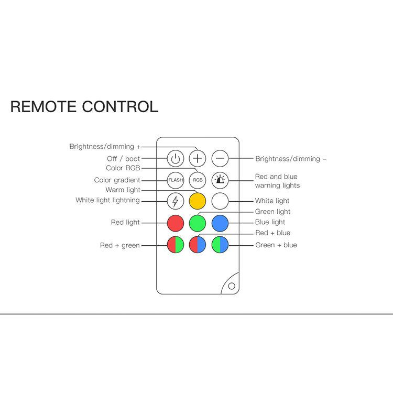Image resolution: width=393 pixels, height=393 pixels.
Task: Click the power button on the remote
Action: (176, 158)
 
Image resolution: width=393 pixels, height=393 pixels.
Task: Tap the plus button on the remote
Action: (198, 158)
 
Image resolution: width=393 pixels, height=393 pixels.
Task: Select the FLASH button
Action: (176, 180)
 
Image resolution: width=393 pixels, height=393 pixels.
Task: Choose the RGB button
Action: (198, 180)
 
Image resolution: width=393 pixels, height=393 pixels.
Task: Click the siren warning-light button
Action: (220, 180)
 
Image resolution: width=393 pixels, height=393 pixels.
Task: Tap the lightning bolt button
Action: (176, 201)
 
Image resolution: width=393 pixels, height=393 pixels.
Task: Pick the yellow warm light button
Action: (198, 201)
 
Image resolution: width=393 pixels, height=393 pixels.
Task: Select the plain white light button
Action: (220, 201)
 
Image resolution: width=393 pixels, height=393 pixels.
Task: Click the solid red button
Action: (176, 223)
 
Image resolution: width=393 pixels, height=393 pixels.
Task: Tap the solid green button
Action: (198, 223)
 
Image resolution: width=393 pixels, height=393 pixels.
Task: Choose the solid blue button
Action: (220, 223)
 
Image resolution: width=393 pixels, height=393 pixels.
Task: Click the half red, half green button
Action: (176, 245)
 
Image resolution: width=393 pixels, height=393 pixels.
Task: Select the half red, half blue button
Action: (198, 245)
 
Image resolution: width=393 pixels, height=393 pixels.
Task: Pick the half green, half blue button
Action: (220, 245)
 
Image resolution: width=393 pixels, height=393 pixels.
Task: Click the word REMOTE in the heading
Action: (44, 106)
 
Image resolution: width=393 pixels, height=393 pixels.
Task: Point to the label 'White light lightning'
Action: (107, 200)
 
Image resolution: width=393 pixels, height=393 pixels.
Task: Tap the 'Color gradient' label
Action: (117, 180)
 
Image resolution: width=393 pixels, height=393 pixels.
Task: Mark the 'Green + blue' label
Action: (276, 245)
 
